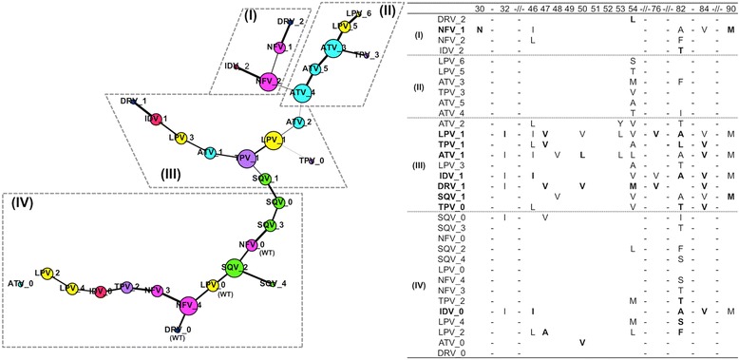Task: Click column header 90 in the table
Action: pos(730,8)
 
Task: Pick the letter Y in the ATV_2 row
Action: pos(619,123)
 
